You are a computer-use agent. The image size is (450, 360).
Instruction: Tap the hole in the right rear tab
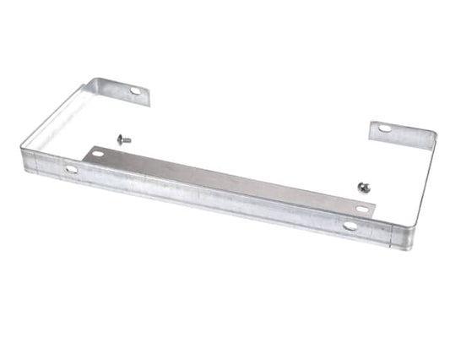click(385, 128)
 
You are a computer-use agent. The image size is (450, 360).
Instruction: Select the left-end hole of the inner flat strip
click(98, 153)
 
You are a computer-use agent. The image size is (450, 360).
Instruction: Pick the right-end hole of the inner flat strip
click(361, 208)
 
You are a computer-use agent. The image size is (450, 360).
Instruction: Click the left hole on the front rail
click(71, 169)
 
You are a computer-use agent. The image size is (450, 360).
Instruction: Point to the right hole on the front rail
click(350, 226)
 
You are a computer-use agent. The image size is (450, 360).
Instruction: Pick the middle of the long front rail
click(211, 198)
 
